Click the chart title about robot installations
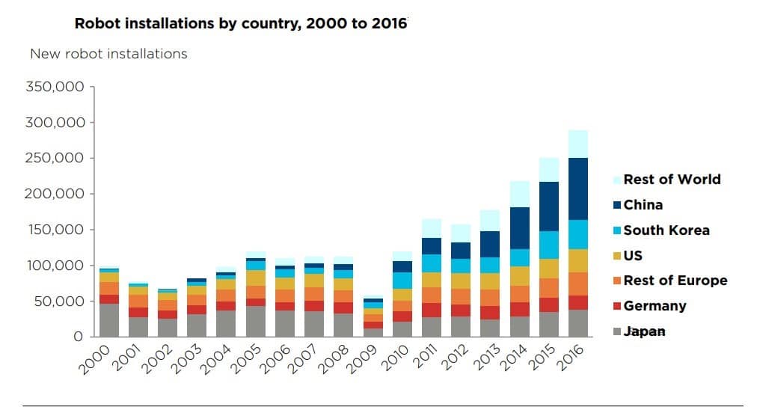240,22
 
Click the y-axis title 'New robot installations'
108,54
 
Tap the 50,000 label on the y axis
61,302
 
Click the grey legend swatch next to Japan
617,331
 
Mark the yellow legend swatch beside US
617,255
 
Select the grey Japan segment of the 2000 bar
110,320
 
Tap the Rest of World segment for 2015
549,170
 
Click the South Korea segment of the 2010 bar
402,281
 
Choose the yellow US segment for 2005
256,278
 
